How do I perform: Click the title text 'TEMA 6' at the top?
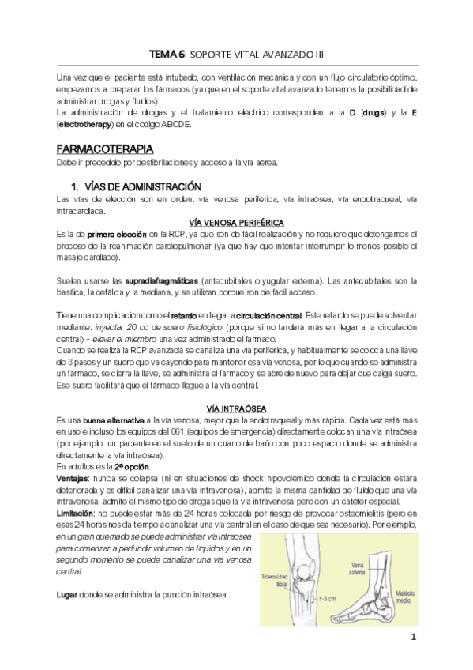(x=167, y=54)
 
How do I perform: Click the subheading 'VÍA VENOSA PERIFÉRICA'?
(x=236, y=222)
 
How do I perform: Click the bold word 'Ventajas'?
(x=72, y=479)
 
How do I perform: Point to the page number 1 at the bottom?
(x=412, y=638)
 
